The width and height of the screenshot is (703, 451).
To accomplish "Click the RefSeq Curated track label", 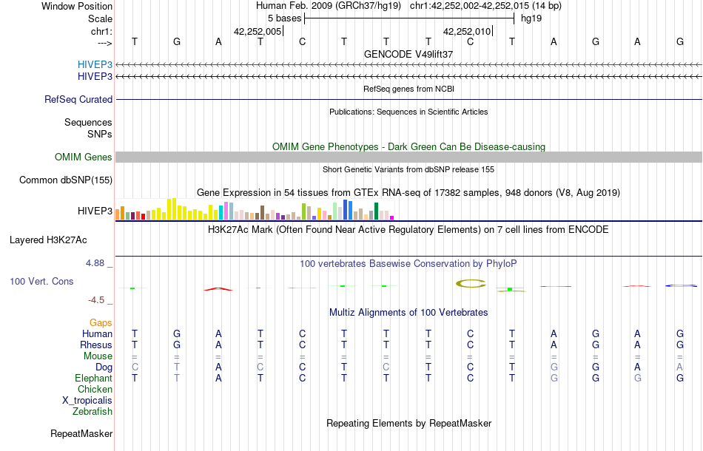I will pos(78,99).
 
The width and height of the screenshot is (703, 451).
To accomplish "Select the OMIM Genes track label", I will pos(83,157).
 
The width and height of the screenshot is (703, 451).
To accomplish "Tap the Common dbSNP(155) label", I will pos(66,180).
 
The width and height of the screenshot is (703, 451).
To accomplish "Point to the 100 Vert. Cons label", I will pos(41,282).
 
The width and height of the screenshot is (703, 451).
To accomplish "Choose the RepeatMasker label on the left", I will pos(81,433).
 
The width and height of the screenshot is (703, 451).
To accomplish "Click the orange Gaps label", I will pos(101,323).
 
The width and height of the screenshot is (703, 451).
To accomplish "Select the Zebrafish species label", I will pos(92,411).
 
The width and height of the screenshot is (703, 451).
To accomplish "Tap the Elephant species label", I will pos(93,378).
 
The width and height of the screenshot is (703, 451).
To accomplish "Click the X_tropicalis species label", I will pos(87,400).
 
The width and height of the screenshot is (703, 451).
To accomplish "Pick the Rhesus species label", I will pos(97,345).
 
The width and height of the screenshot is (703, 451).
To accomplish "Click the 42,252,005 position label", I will pos(258,32).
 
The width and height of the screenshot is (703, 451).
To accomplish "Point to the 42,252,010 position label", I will pos(467,32).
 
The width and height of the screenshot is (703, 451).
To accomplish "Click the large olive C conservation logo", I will pos(470,282).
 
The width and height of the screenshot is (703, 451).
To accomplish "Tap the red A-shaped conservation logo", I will pos(218,288).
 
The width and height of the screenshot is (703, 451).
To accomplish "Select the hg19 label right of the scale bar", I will pos(531,18).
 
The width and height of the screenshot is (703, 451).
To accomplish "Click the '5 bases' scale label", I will pos(284,18).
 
